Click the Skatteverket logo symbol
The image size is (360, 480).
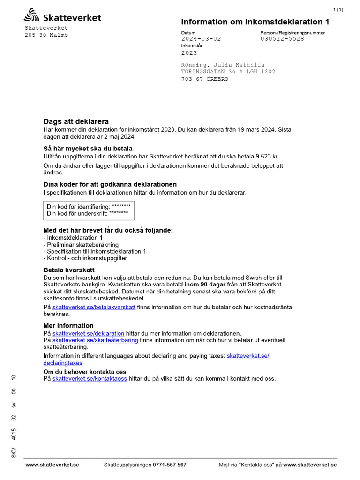pos(32,15)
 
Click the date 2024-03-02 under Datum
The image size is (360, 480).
pos(201,39)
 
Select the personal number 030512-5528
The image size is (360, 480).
pos(282,39)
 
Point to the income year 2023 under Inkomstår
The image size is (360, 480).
pos(189,53)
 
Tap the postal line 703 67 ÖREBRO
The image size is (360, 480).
pos(205,79)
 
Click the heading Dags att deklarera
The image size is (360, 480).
pos(76,121)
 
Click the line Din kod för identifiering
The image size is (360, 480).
pos(89,206)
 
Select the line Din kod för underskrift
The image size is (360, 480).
pos(87,213)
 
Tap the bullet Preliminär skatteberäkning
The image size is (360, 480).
pos(81,245)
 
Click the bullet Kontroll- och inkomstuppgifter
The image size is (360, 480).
pos(85,258)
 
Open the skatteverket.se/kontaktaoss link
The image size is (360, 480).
pos(90,378)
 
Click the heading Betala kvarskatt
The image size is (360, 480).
pos(69,270)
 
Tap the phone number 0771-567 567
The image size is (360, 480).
pos(169,465)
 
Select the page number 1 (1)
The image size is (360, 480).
pos(338,10)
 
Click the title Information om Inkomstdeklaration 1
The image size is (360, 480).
pos(255,22)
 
